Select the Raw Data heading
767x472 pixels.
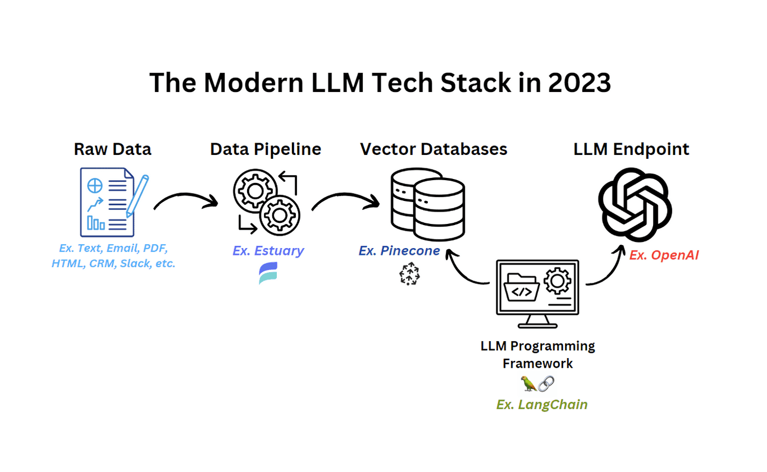click(x=112, y=149)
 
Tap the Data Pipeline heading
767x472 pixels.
click(x=266, y=149)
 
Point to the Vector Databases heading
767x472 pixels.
click(x=433, y=149)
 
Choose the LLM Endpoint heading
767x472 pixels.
click(x=631, y=149)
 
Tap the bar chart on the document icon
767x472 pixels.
click(x=96, y=223)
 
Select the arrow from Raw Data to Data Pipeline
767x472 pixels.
click(x=185, y=199)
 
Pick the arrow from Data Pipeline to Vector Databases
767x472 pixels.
click(x=344, y=199)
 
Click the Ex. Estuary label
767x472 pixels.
click(x=268, y=250)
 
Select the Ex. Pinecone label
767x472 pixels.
click(x=399, y=250)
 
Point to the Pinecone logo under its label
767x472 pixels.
click(x=410, y=274)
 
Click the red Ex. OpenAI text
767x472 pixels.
click(x=664, y=255)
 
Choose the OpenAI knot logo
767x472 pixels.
click(x=634, y=205)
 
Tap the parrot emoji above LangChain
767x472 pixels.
click(x=529, y=384)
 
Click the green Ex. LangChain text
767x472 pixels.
click(x=542, y=404)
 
